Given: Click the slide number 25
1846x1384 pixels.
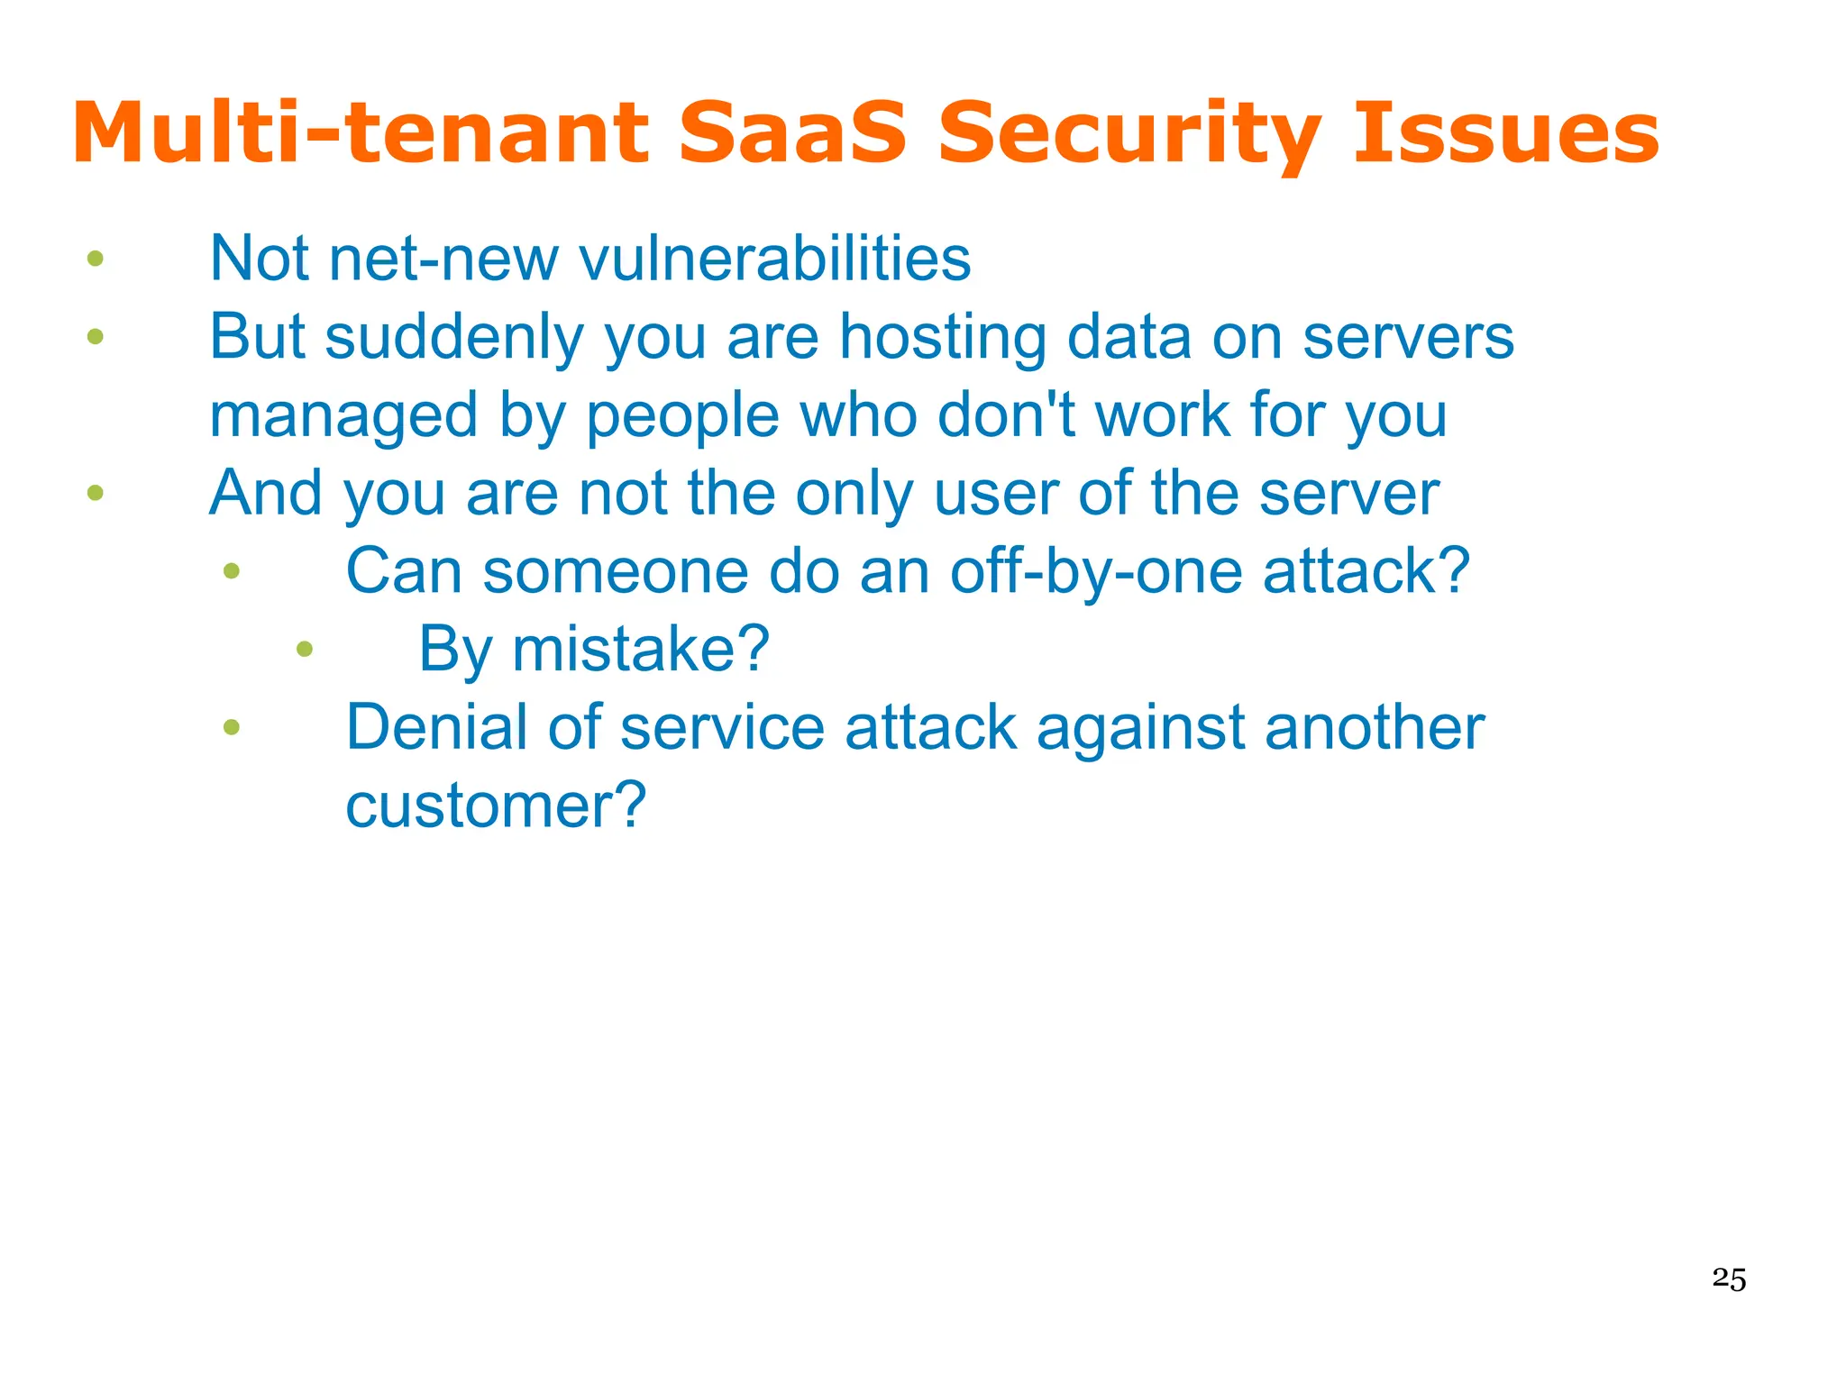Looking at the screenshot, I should click(x=1729, y=1279).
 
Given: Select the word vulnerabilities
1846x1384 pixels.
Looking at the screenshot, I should click(x=774, y=259).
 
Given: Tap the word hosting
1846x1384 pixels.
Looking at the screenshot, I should click(x=942, y=338).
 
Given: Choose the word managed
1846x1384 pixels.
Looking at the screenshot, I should click(x=343, y=416).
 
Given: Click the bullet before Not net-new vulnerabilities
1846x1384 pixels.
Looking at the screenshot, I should click(x=96, y=259).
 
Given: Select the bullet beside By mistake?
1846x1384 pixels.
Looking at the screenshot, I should click(x=305, y=649).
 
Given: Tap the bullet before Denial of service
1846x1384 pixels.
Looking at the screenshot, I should click(x=232, y=727).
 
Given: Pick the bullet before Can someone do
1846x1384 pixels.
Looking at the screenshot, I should click(x=232, y=570).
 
